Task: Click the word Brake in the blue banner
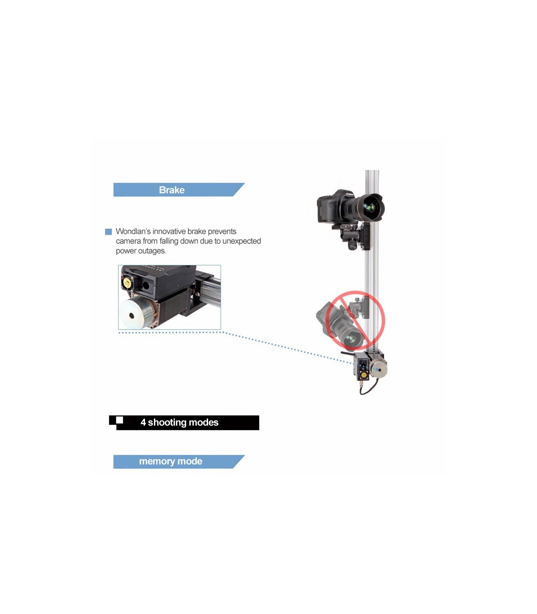coord(171,190)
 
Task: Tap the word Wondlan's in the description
coord(133,231)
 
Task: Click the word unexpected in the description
coord(242,241)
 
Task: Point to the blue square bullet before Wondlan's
coord(108,232)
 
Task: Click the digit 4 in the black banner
coord(143,422)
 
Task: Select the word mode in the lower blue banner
coord(190,461)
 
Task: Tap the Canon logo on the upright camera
coord(350,195)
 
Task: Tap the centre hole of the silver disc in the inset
coord(132,316)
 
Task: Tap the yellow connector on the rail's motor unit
coord(364,375)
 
